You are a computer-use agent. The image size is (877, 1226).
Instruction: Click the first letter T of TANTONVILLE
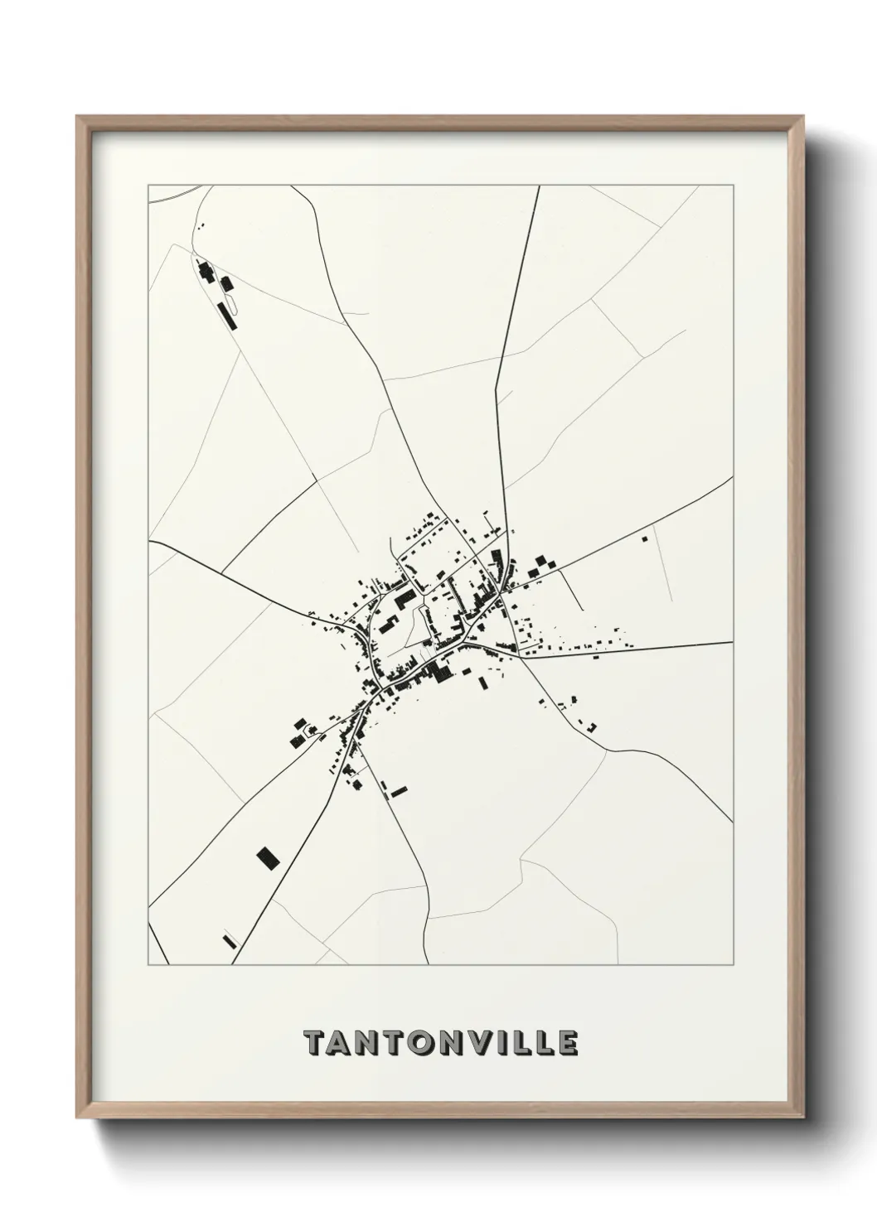point(316,1043)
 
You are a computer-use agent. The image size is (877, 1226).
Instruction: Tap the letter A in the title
point(342,1043)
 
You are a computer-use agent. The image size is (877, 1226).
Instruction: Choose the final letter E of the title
point(565,1043)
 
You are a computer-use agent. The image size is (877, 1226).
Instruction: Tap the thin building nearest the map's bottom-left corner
point(230,941)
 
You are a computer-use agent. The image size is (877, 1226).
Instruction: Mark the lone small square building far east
point(644,539)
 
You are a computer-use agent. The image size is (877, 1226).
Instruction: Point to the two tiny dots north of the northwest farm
point(201,224)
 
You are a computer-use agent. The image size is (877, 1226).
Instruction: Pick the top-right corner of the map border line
point(733,185)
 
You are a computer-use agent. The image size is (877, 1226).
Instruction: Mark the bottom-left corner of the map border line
point(148,965)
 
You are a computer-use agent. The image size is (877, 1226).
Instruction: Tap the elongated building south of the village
point(400,792)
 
